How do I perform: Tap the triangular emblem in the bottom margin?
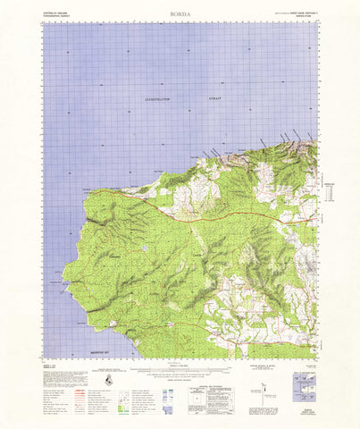[108, 380]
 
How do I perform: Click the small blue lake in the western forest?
[144, 249]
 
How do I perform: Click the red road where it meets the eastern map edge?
[314, 214]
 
